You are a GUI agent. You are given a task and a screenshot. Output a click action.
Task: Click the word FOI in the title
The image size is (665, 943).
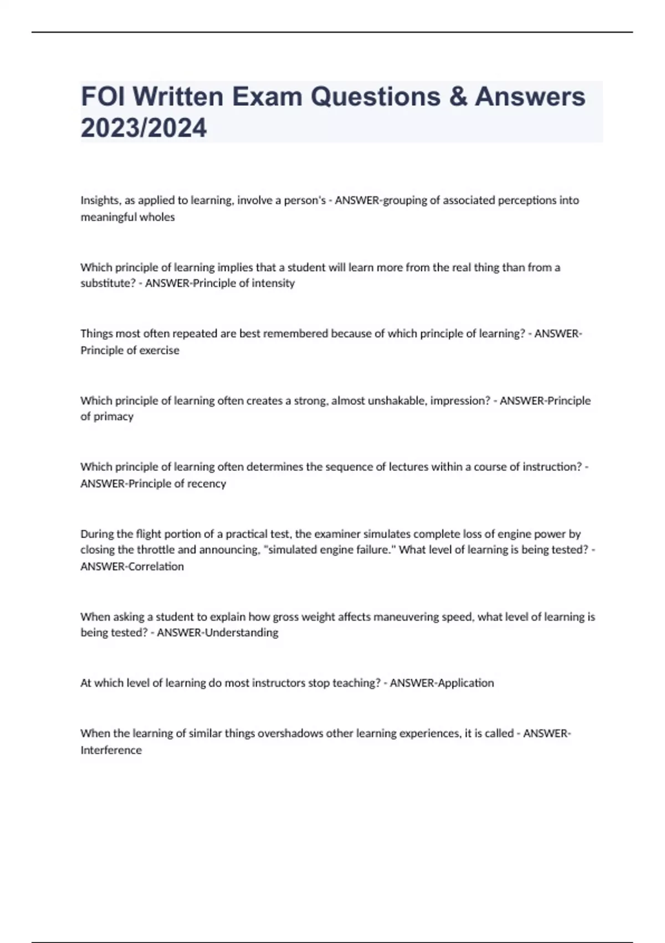tap(102, 97)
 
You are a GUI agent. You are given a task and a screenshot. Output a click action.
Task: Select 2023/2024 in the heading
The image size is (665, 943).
tap(144, 128)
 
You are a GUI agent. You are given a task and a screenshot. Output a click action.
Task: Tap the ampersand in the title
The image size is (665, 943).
tap(457, 97)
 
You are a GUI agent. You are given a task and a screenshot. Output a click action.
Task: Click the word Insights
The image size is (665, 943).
tap(101, 200)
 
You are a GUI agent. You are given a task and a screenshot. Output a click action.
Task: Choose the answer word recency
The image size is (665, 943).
tap(207, 484)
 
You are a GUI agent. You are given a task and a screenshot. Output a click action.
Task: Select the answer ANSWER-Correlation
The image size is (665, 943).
tap(132, 566)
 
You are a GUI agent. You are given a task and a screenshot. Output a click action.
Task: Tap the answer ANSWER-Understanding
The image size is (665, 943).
tap(217, 633)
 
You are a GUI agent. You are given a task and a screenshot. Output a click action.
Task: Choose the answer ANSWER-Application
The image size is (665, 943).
tap(442, 683)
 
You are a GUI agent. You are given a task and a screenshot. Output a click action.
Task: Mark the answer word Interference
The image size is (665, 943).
tap(111, 750)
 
